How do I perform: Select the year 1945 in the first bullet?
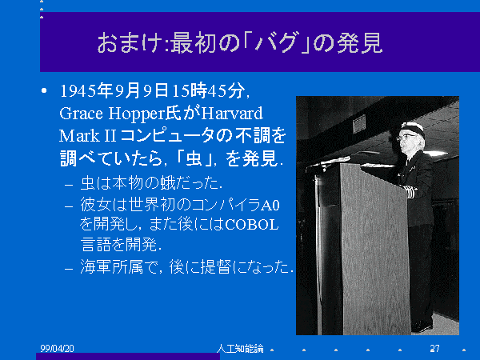[x=78, y=91]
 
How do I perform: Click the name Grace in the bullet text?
[x=81, y=114]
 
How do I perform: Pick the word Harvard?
[x=232, y=114]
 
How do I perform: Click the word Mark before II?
[x=79, y=136]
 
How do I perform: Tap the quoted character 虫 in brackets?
[x=194, y=158]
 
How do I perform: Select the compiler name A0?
[x=270, y=205]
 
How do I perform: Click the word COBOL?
[x=252, y=225]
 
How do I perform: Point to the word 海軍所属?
[x=111, y=266]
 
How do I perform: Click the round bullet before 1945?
[x=44, y=90]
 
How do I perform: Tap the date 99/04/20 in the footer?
[x=57, y=348]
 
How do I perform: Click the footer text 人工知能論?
[x=240, y=348]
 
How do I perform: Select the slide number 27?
[x=434, y=348]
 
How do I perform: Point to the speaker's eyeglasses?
[x=405, y=137]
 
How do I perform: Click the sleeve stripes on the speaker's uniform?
[x=410, y=192]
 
